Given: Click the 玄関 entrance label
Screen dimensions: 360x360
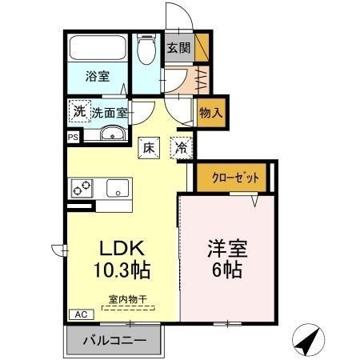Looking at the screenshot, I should pyautogui.click(x=178, y=47).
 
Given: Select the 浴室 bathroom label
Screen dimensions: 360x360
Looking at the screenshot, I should pyautogui.click(x=98, y=78).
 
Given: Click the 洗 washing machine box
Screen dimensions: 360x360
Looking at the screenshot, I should pyautogui.click(x=79, y=112).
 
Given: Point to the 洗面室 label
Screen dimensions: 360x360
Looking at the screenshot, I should pyautogui.click(x=110, y=113).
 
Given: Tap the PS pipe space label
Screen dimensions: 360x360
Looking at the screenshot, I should pyautogui.click(x=73, y=138).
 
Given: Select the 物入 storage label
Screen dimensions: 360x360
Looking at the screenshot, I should pyautogui.click(x=210, y=114).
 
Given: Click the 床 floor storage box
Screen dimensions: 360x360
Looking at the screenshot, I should pyautogui.click(x=149, y=147).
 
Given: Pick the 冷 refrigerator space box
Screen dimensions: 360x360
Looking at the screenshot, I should pyautogui.click(x=182, y=148).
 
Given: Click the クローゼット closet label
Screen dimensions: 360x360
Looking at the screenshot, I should pyautogui.click(x=235, y=178).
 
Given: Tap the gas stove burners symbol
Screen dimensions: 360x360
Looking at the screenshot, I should pyautogui.click(x=83, y=190).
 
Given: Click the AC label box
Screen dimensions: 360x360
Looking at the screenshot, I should pyautogui.click(x=80, y=314).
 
